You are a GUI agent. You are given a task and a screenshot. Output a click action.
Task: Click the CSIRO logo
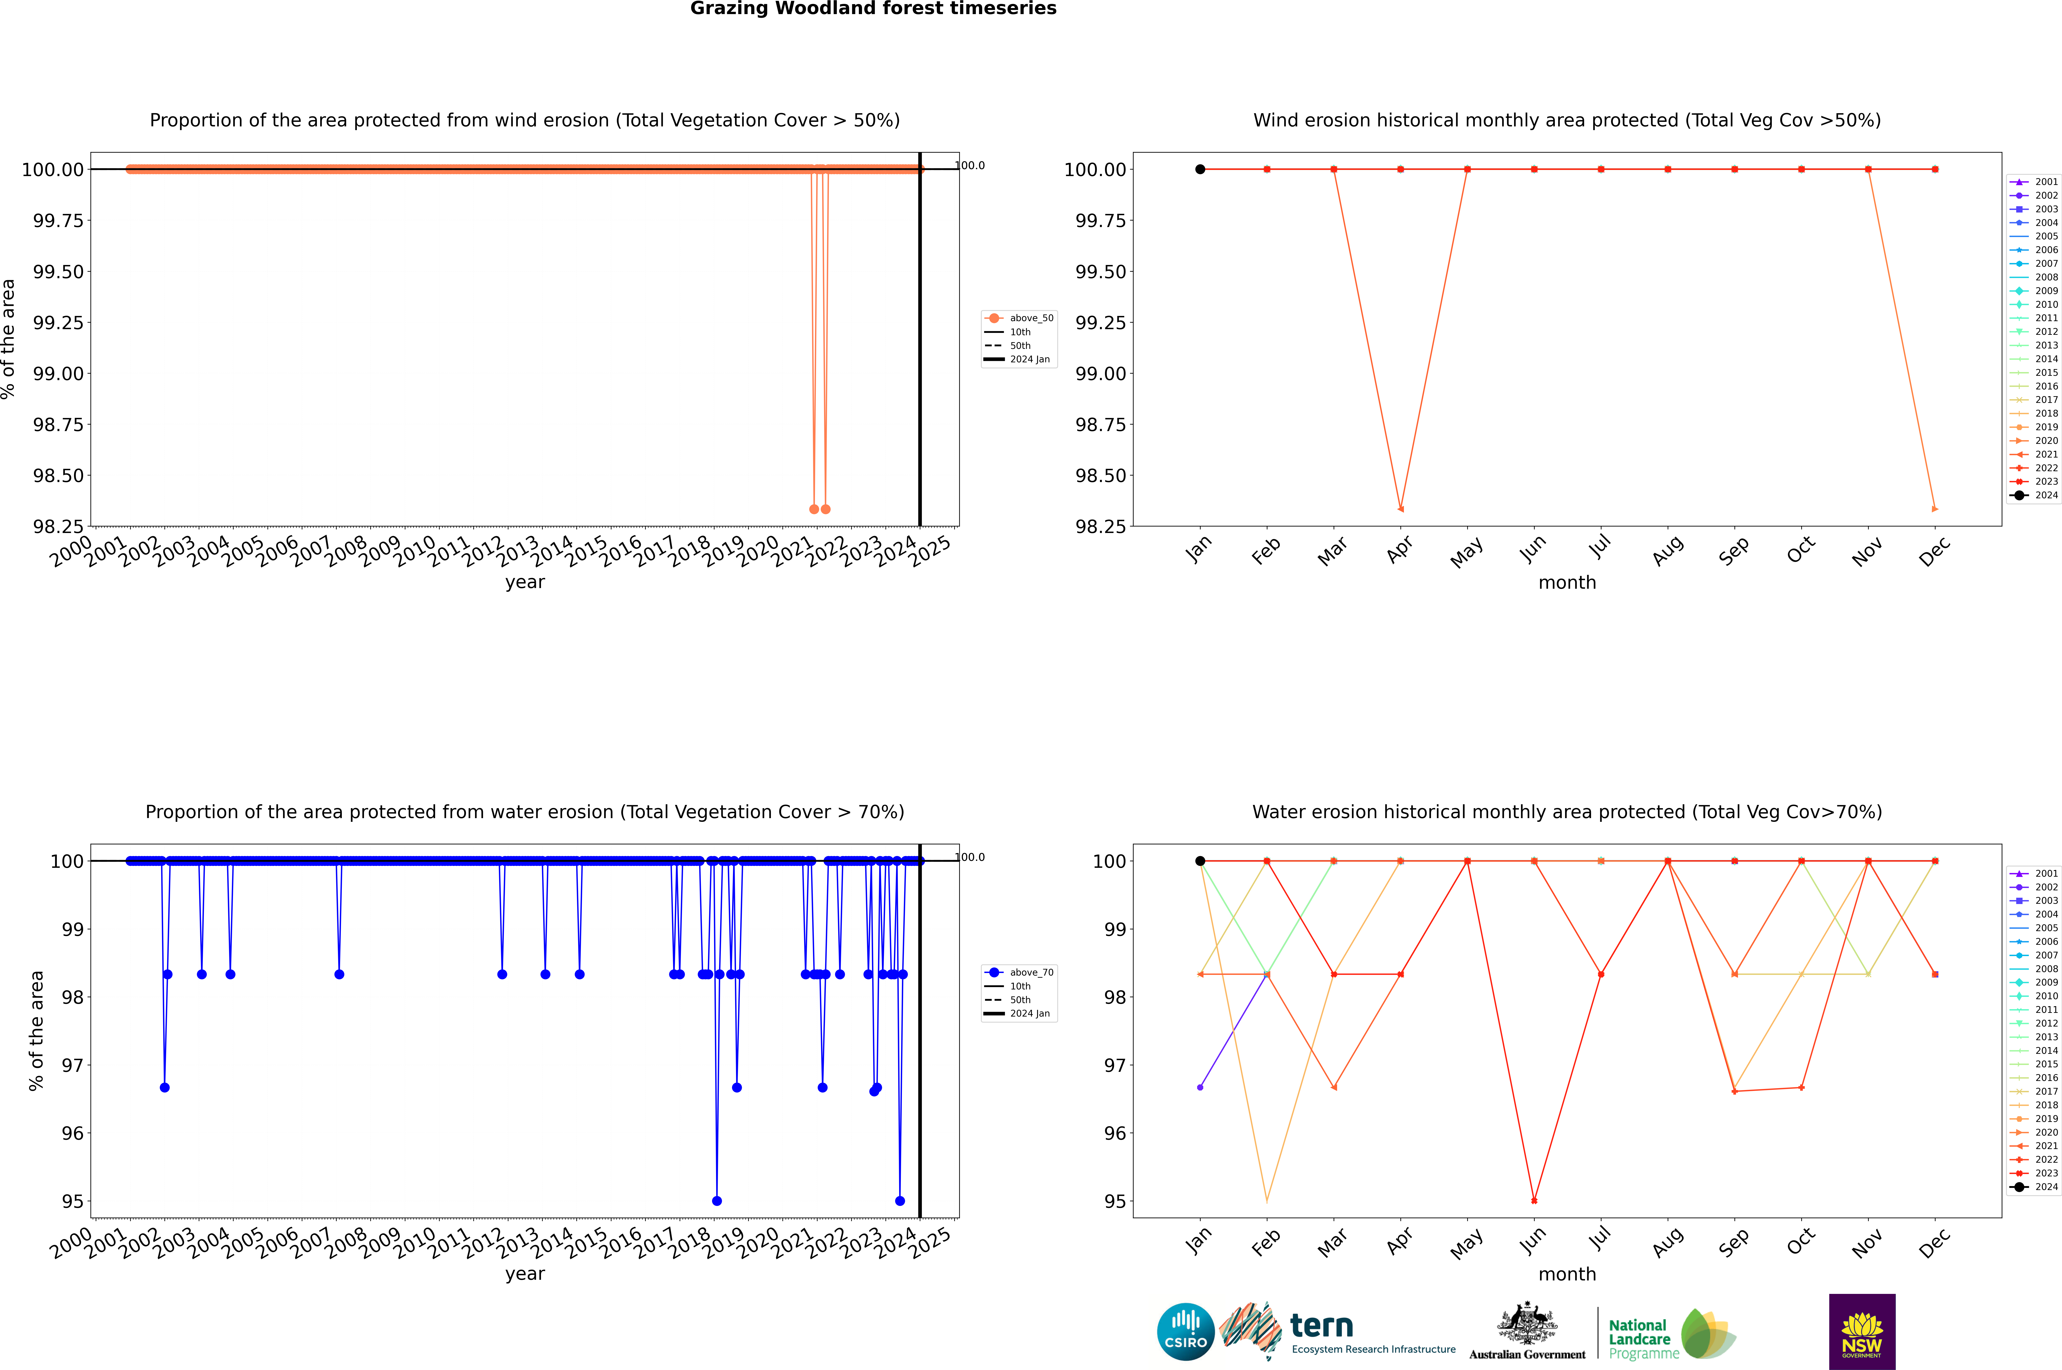pos(1185,1332)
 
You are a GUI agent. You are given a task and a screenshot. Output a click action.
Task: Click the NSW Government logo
pos(1862,1332)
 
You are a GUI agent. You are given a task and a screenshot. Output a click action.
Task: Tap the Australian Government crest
pos(1527,1326)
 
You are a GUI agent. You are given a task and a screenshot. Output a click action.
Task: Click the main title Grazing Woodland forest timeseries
pos(873,9)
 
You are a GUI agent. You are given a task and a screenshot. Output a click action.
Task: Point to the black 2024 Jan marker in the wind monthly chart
pos(1200,170)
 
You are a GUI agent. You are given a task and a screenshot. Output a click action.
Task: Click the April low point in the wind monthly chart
pos(1400,508)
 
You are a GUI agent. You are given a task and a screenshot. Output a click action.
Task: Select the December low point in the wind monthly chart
pos(1934,508)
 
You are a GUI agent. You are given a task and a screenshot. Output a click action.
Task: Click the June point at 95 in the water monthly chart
pos(1534,1200)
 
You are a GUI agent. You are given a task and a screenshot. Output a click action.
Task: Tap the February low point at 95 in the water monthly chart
pos(1267,1200)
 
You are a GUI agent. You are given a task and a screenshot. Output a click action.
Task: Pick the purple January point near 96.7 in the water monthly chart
pos(1200,1087)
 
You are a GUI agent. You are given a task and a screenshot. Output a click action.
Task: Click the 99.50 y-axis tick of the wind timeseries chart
pos(59,272)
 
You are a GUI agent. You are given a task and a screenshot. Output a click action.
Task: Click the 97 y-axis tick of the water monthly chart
pos(1115,1065)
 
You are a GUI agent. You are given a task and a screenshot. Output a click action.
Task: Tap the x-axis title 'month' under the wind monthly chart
pos(1566,583)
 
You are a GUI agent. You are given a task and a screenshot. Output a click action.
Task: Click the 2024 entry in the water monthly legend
pos(2037,1187)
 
